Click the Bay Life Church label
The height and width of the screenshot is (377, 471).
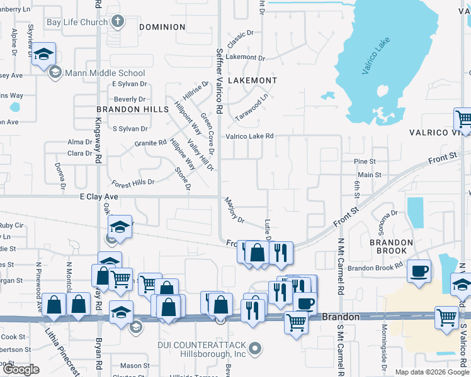click(x=77, y=22)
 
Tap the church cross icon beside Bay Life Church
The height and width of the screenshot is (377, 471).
click(x=117, y=22)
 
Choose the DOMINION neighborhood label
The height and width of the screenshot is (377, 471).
click(x=162, y=27)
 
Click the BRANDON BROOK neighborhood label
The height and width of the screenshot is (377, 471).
click(x=391, y=242)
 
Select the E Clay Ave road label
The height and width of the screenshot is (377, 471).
click(x=99, y=197)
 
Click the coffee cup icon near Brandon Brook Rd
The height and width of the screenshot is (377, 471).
click(x=419, y=272)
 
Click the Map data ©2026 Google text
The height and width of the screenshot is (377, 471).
click(x=432, y=372)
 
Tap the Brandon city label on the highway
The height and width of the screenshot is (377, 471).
click(x=341, y=317)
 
